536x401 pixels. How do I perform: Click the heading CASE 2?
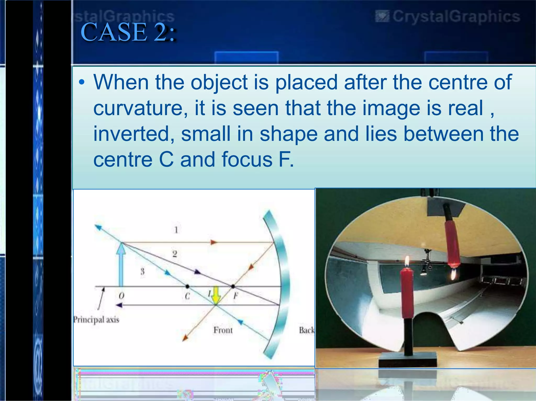tap(128, 32)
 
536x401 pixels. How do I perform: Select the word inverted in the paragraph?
tap(134, 134)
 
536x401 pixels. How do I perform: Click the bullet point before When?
tap(82, 83)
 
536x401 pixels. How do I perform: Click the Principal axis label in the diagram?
tap(96, 319)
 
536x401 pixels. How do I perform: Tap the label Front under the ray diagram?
tap(223, 330)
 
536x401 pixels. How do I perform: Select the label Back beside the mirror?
tap(306, 330)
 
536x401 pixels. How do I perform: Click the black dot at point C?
tap(187, 287)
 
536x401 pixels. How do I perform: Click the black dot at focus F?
tap(233, 287)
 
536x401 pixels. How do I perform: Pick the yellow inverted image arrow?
tap(216, 295)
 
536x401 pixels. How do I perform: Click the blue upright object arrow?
tap(121, 264)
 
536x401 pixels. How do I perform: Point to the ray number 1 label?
tap(176, 230)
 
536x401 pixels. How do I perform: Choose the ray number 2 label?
tap(175, 254)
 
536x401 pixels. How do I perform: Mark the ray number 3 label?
tap(142, 271)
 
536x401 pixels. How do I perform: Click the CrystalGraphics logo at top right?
tap(448, 16)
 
